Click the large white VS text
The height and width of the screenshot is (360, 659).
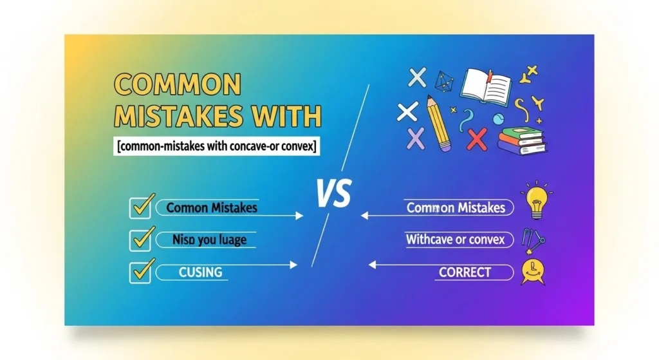point(333,193)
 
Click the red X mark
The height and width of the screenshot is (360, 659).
point(477,138)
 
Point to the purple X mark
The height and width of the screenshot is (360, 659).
point(417,138)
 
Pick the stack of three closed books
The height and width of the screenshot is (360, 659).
point(520,139)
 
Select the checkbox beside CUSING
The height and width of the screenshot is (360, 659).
point(140,272)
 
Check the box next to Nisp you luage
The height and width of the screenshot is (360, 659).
point(140,240)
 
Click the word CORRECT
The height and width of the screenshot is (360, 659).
point(465,272)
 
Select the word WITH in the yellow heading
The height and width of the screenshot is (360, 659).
point(284,117)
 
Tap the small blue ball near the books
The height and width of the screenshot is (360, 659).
point(497,119)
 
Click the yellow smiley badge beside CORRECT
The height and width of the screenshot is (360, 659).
point(534,270)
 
